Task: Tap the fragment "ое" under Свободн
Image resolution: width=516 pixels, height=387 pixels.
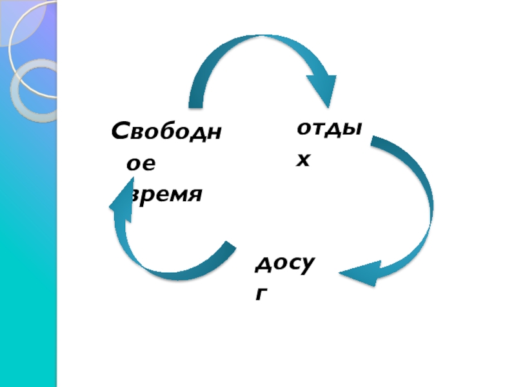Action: [141, 164]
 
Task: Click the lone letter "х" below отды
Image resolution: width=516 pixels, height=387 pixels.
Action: [303, 159]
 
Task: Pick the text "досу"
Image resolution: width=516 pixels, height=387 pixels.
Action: [286, 264]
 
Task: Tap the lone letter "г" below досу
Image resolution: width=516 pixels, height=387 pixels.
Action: [261, 294]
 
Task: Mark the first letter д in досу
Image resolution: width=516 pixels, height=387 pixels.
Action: [262, 265]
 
